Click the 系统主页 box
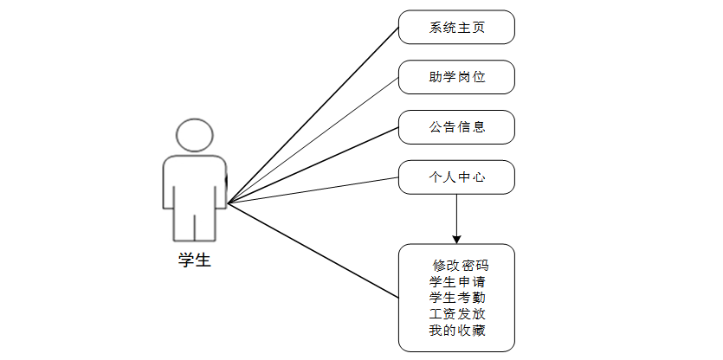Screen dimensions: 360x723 [456, 27]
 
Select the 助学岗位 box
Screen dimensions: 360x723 [456, 77]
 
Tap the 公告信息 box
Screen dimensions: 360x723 [456, 127]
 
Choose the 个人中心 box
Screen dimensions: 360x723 [456, 177]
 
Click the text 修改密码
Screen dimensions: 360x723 [461, 266]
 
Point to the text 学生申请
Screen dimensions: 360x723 [456, 281]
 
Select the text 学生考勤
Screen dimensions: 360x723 [456, 298]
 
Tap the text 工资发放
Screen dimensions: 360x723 [456, 313]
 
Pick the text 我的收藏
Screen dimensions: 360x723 [456, 330]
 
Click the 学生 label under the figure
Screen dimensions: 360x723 [194, 260]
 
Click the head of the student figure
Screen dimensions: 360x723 [194, 135]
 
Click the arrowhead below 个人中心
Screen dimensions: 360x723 [456, 237]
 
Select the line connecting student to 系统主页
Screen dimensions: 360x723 [312, 116]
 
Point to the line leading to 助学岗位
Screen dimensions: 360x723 [312, 141]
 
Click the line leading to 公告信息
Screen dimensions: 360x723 [312, 166]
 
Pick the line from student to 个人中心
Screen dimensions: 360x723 [312, 191]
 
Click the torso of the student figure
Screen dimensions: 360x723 [194, 182]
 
